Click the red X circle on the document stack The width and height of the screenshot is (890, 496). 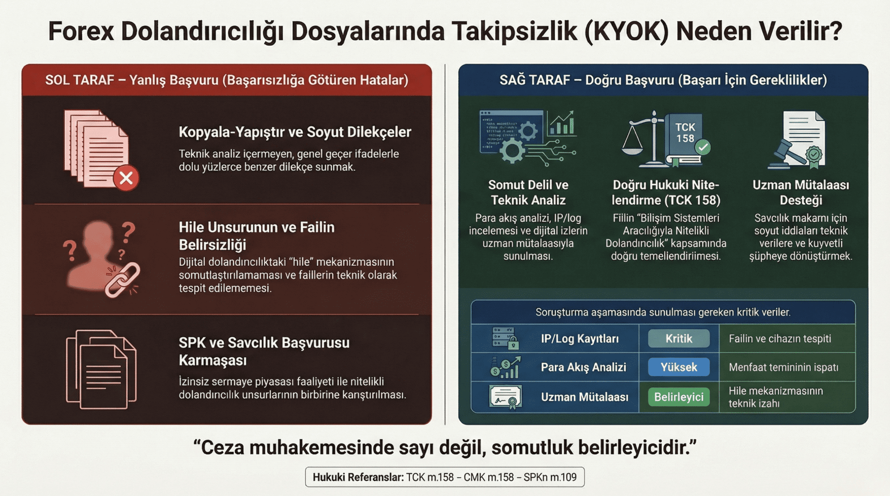click(x=126, y=178)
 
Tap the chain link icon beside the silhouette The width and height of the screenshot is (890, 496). click(x=122, y=280)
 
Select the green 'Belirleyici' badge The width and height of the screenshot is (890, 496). click(x=679, y=397)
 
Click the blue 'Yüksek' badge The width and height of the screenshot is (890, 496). click(x=679, y=367)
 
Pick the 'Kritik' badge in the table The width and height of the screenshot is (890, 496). click(x=679, y=339)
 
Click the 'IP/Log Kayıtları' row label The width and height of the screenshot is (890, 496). click(x=579, y=339)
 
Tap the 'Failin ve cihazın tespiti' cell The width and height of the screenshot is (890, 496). click(x=780, y=339)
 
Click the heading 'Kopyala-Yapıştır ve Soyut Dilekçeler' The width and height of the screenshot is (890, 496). click(x=295, y=132)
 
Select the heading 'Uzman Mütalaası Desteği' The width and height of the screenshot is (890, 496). click(x=801, y=192)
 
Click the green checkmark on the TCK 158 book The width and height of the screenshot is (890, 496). click(x=703, y=147)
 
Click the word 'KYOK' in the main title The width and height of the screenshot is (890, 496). click(x=626, y=31)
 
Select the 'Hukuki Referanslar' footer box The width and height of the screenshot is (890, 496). click(x=445, y=477)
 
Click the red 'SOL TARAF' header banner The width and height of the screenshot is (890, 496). click(x=227, y=80)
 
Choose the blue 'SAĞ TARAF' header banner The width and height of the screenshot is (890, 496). click(x=663, y=80)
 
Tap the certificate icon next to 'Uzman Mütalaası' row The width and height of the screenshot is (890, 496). click(x=505, y=397)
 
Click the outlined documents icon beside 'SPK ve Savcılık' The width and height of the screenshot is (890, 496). click(x=102, y=369)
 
